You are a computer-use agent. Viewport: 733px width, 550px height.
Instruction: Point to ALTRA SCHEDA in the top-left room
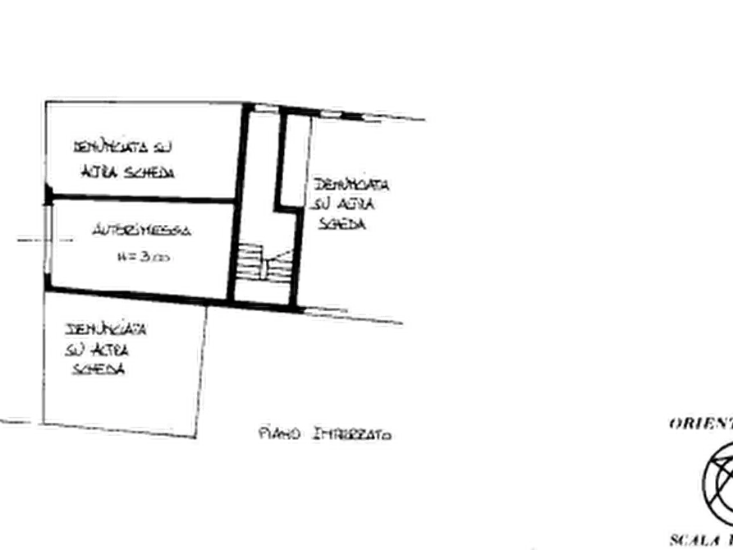tap(129, 173)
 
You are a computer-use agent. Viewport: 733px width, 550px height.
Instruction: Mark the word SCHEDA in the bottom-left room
tap(99, 370)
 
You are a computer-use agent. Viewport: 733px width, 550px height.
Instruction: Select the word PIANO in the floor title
tap(275, 432)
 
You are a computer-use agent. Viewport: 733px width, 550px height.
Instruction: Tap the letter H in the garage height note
tap(122, 257)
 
